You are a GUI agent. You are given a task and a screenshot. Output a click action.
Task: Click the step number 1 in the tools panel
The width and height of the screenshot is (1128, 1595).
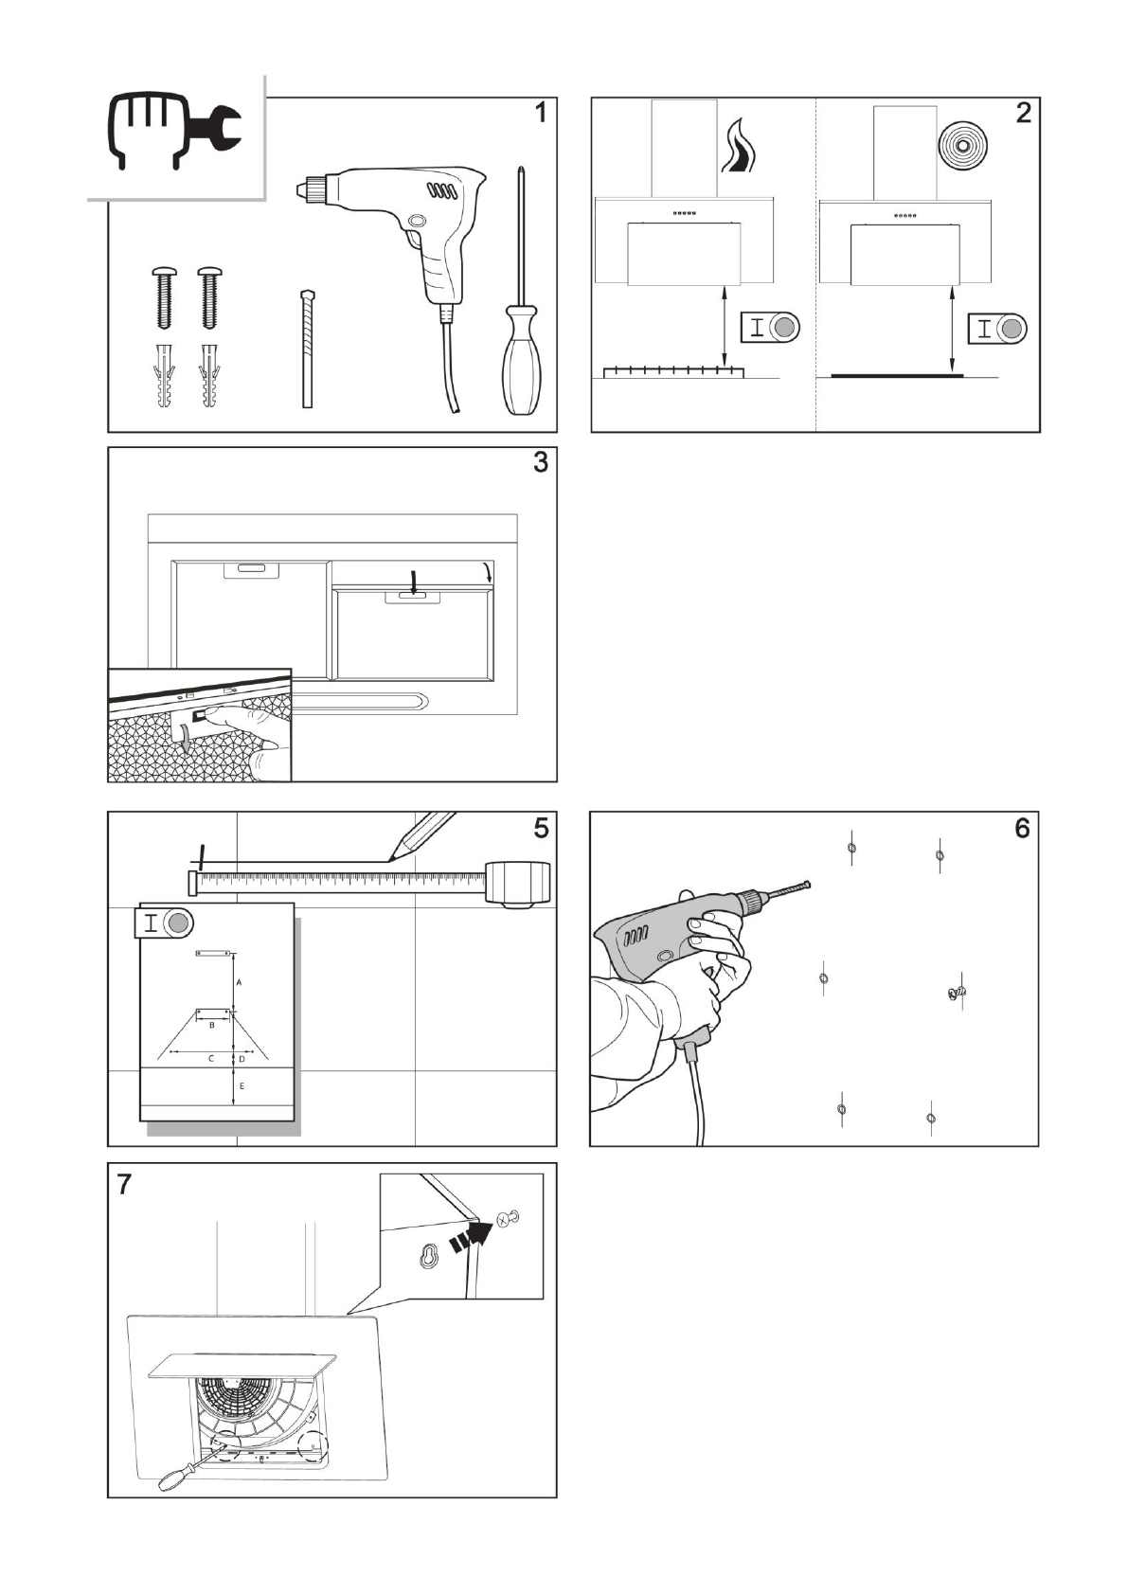pos(540,114)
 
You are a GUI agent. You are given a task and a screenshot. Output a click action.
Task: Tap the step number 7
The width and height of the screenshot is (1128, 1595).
pos(125,1185)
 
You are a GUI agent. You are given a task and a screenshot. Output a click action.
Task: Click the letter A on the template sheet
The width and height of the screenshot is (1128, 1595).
pos(239,983)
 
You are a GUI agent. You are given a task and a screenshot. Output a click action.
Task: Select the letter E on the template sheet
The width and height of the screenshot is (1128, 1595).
pos(242,1085)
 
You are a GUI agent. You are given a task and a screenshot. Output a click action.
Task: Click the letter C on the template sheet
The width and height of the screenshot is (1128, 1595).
pos(211,1058)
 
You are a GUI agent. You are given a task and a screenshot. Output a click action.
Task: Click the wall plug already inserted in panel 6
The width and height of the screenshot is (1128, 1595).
pos(956,992)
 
